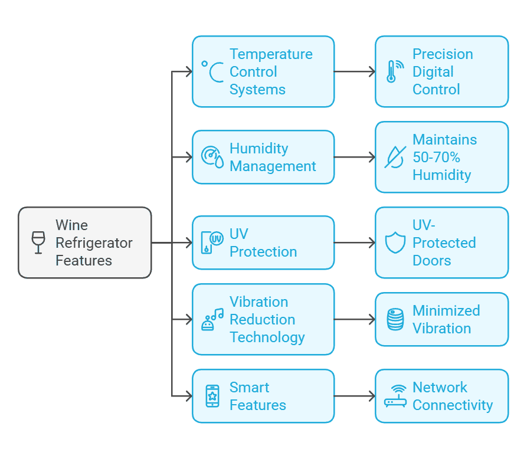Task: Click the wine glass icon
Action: [x=38, y=242]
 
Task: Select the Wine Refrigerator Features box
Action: [x=85, y=242]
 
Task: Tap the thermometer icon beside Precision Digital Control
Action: [x=392, y=71]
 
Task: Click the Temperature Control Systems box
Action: [x=263, y=71]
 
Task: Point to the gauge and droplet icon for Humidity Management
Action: [x=212, y=157]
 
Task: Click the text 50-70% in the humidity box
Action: [x=436, y=158]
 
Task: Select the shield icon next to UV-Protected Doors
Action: [x=395, y=242]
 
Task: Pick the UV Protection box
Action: [x=263, y=242]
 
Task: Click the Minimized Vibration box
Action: [x=441, y=319]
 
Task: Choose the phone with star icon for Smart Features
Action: [x=212, y=396]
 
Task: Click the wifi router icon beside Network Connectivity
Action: [x=395, y=396]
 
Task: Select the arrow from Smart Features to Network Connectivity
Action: [x=354, y=396]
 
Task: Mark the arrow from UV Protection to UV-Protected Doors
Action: [x=354, y=242]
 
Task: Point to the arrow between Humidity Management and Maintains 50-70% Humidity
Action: [x=354, y=157]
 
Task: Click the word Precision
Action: [x=443, y=54]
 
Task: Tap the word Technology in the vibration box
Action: [x=267, y=337]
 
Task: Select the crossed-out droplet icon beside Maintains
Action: [x=394, y=157]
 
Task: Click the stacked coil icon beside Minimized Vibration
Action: [x=395, y=319]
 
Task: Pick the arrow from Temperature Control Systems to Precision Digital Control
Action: [x=354, y=71]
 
